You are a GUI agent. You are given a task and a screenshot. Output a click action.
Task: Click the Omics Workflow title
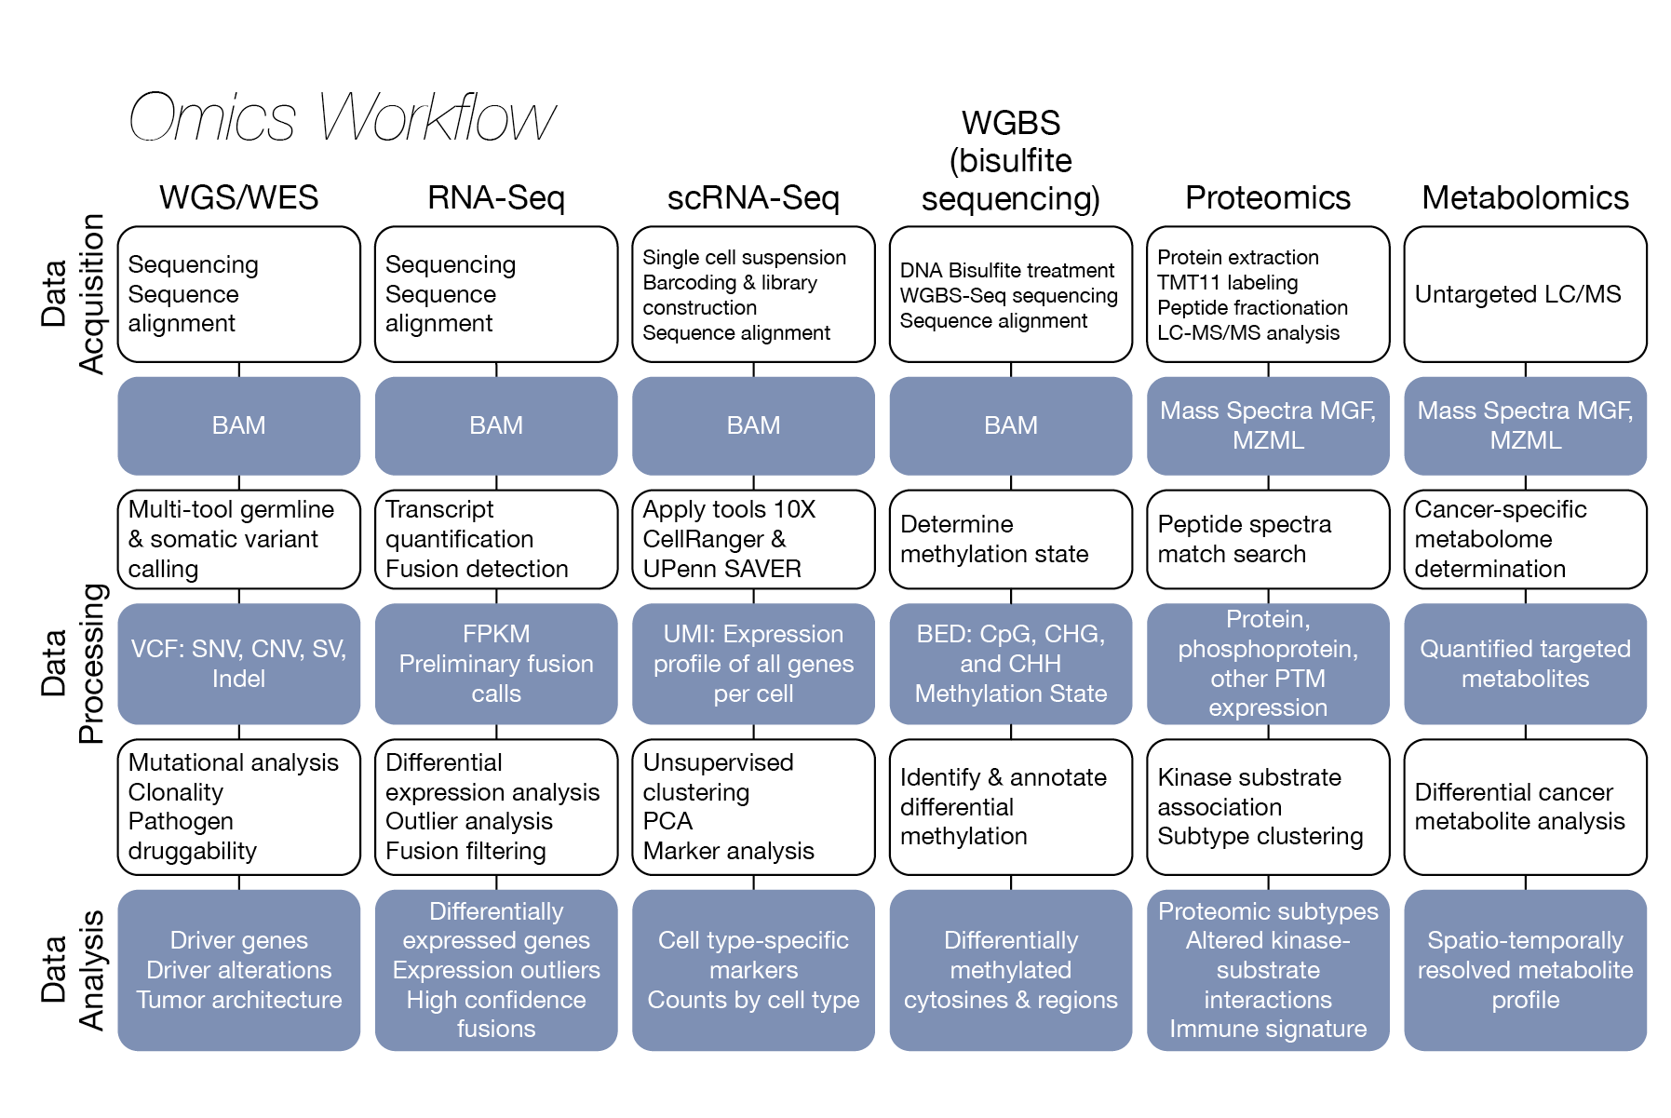point(342,117)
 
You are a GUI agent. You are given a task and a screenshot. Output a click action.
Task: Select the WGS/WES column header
point(238,197)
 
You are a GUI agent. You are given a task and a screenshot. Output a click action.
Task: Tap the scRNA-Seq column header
point(753,197)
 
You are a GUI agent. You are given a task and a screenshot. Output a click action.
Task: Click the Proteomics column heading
point(1267,197)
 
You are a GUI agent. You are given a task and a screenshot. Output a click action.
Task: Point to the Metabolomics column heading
point(1525,197)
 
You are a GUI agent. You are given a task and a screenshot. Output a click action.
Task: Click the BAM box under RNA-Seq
point(496,425)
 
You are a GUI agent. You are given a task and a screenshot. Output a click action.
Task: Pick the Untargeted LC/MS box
point(1525,294)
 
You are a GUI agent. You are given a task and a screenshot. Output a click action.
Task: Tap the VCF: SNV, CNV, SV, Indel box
point(238,664)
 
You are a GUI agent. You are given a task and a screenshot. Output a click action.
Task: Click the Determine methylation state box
point(1010,539)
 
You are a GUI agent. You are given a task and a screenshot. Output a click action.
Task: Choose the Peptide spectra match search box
point(1267,539)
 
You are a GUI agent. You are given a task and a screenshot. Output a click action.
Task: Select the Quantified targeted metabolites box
point(1525,664)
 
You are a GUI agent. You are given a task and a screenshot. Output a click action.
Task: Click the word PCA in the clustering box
point(667,821)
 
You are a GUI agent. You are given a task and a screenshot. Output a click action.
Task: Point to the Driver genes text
point(238,940)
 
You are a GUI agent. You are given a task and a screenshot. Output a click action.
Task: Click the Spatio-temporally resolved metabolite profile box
point(1525,970)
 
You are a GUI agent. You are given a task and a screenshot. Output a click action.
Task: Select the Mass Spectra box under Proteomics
point(1267,425)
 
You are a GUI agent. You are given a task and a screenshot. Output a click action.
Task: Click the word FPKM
point(496,634)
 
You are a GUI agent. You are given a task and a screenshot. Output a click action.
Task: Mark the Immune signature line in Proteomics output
point(1267,1029)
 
